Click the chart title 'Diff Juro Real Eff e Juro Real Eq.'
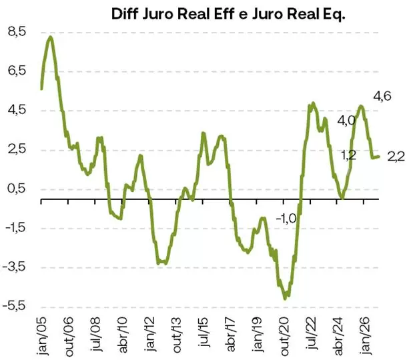click(x=226, y=14)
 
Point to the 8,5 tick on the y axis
click(x=17, y=31)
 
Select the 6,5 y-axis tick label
click(x=17, y=71)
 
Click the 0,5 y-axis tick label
click(x=17, y=189)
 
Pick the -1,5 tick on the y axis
click(x=15, y=228)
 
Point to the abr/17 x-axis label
click(x=231, y=335)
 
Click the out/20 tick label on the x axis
click(x=284, y=335)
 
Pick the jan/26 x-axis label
click(x=366, y=335)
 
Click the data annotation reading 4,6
click(x=382, y=97)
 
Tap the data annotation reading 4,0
click(x=346, y=121)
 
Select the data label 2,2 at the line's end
click(x=396, y=157)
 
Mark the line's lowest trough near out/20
click(x=286, y=298)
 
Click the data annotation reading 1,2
click(x=348, y=155)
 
